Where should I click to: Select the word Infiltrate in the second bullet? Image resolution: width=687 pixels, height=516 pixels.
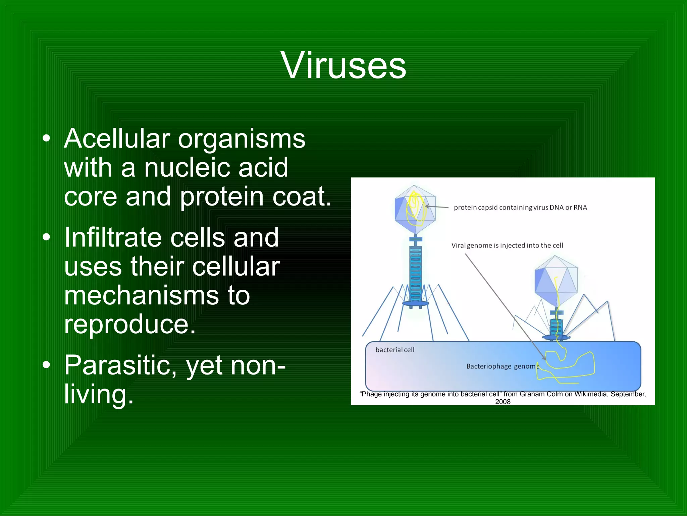tap(113, 237)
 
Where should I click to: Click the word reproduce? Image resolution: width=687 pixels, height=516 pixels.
tap(129, 324)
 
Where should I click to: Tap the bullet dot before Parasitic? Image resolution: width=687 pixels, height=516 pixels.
tap(46, 365)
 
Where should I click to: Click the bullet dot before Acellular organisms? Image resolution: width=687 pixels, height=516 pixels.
tap(46, 138)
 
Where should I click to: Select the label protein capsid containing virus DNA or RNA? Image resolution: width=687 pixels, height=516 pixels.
tap(520, 208)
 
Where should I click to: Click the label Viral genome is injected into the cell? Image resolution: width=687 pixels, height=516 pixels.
tap(507, 245)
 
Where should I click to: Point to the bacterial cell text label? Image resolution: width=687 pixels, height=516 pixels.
tap(395, 350)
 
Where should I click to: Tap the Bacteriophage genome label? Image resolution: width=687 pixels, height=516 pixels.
tap(502, 366)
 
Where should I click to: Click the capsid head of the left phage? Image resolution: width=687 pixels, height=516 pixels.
tap(415, 209)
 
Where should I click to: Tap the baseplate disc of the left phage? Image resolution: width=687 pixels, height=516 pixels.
tap(415, 303)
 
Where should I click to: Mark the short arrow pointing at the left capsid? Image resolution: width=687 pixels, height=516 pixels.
tap(437, 207)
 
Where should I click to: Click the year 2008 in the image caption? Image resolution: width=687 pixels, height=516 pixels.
tap(503, 402)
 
